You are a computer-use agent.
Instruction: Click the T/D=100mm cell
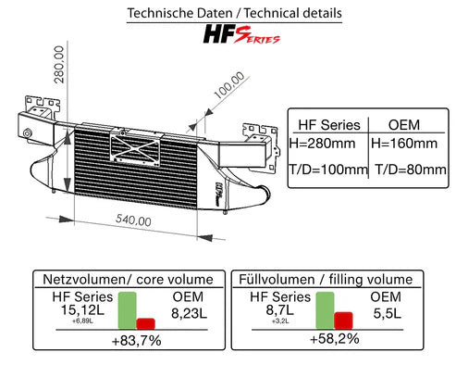tap(328, 170)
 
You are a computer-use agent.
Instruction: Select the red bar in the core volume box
tap(145, 322)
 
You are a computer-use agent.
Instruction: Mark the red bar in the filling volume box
tap(343, 320)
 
